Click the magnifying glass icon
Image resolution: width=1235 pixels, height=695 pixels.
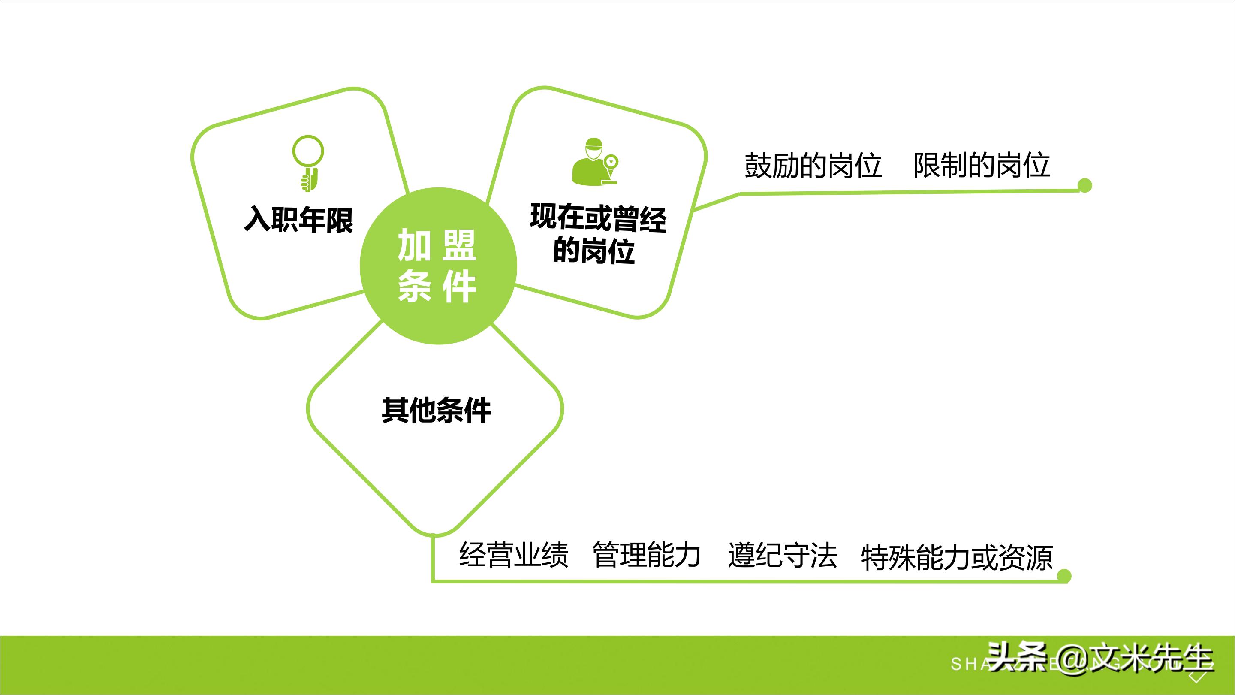(x=308, y=163)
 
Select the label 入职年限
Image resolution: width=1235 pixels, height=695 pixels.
(x=299, y=220)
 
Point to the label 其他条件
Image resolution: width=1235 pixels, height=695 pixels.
(x=436, y=411)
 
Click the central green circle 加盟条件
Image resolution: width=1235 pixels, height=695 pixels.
(x=438, y=266)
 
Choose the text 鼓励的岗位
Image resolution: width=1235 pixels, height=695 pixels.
(x=813, y=166)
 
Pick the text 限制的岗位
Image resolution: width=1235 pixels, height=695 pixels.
(x=982, y=166)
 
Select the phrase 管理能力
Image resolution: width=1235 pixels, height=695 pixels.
(x=647, y=555)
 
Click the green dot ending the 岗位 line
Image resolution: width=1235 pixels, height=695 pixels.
(x=1085, y=185)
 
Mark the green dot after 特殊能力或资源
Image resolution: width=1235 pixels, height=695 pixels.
(x=1064, y=576)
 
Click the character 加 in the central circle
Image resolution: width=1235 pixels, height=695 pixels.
(x=414, y=245)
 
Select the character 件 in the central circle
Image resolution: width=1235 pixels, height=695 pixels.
(x=460, y=287)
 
